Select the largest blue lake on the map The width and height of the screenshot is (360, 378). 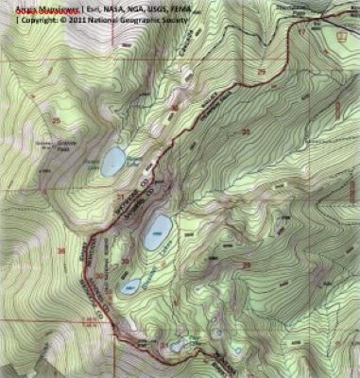click(x=157, y=231)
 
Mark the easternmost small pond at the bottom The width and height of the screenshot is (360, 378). click(x=218, y=332)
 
